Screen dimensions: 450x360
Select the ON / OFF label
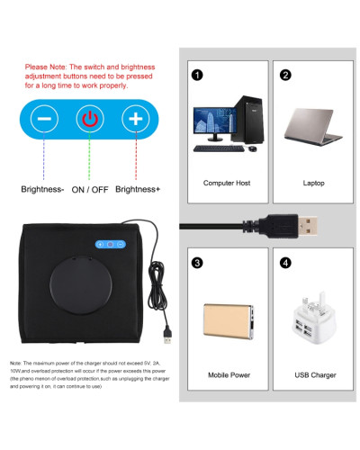(x=91, y=190)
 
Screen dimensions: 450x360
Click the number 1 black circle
(x=197, y=75)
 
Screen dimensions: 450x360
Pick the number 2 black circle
(x=285, y=75)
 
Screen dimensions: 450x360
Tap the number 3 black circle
(x=197, y=264)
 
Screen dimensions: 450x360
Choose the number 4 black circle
(x=285, y=264)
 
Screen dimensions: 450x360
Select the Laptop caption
(x=313, y=183)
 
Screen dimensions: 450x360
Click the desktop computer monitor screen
(x=213, y=121)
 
